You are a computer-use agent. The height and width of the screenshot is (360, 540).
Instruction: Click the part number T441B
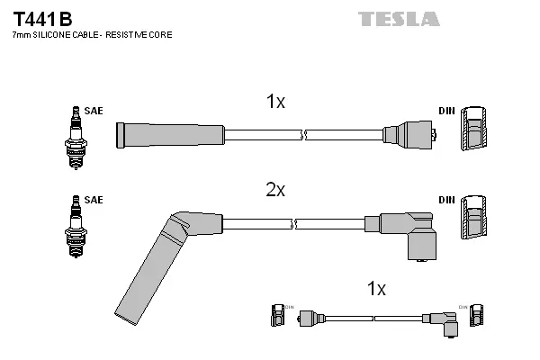pyautogui.click(x=41, y=18)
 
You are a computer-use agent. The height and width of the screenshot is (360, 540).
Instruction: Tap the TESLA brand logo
pyautogui.click(x=399, y=19)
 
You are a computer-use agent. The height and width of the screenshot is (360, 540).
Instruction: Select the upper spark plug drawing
pyautogui.click(x=74, y=135)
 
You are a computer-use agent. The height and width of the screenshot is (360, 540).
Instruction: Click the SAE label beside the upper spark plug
pyautogui.click(x=94, y=111)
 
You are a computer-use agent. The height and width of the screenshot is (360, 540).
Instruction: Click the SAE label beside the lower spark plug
pyautogui.click(x=94, y=199)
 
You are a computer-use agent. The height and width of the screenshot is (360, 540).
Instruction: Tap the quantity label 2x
pyautogui.click(x=275, y=190)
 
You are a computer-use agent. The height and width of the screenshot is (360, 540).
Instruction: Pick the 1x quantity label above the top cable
pyautogui.click(x=275, y=102)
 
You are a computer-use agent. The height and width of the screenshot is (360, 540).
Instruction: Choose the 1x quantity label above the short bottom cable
pyautogui.click(x=376, y=289)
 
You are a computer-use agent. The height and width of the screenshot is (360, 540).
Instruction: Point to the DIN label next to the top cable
pyautogui.click(x=446, y=111)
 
